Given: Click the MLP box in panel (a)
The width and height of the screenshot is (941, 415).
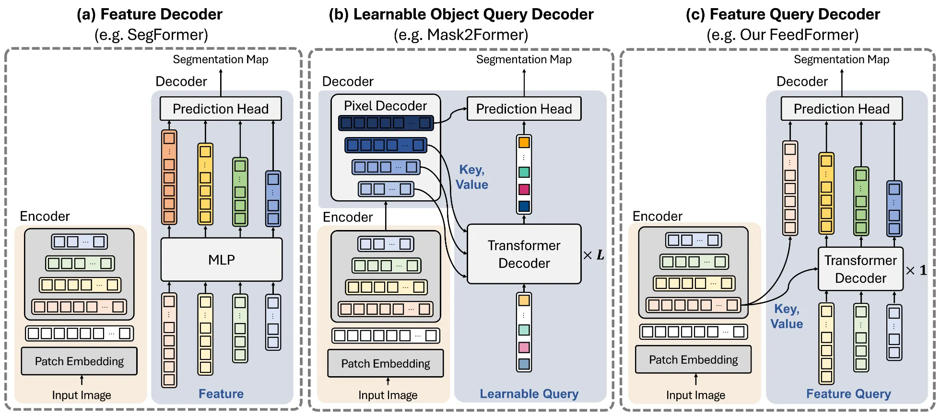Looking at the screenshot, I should [x=221, y=260].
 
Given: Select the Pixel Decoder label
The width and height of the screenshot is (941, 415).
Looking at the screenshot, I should [x=385, y=106].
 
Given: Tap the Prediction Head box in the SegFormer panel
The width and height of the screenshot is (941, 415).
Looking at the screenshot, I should [x=220, y=109].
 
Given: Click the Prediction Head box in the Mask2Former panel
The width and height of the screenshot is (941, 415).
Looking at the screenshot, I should [x=524, y=109].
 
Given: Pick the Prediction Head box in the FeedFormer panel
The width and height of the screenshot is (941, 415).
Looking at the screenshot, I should [x=841, y=109].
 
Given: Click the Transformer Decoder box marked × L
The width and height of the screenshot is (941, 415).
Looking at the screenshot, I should [x=524, y=254].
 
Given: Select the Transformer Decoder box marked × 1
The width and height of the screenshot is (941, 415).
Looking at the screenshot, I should [x=860, y=269].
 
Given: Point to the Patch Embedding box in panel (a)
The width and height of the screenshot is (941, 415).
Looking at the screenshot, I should [x=79, y=361].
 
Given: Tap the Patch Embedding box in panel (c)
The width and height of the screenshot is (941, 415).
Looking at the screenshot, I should [x=693, y=360].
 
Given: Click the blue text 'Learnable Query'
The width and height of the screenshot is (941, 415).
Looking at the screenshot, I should [x=529, y=394].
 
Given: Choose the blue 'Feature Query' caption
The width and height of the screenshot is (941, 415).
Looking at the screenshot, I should [x=848, y=394].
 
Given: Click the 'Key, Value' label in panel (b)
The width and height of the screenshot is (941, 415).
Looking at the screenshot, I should [x=472, y=177].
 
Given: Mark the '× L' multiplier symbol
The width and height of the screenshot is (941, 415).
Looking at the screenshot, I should [x=594, y=255].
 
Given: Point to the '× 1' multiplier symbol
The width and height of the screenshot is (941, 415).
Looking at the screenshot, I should [x=917, y=270].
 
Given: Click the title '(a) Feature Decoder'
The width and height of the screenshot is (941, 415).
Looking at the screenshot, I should [x=150, y=14].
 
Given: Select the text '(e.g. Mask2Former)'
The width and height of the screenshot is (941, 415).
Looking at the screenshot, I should [x=460, y=35].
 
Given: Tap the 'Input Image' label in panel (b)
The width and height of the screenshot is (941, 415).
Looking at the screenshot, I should [x=388, y=395].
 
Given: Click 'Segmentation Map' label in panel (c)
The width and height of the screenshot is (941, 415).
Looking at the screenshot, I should [x=841, y=59].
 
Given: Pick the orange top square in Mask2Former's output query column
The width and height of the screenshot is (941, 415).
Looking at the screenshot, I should [x=524, y=142].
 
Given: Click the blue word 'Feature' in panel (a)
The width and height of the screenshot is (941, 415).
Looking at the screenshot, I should [x=221, y=394].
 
